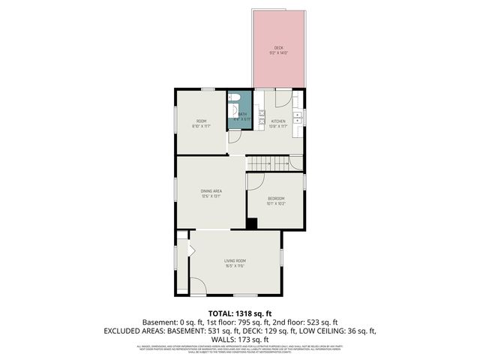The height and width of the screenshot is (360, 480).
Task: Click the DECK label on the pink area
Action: point(278,48)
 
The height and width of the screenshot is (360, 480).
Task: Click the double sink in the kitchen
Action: point(298,117)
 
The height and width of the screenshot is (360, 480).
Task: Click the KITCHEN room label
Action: point(278,121)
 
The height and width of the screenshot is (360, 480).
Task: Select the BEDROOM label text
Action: point(277,198)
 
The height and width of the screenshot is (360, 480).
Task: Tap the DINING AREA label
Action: point(211,191)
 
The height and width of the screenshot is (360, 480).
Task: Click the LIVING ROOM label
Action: point(235,260)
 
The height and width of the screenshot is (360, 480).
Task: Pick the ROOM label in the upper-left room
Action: point(201,121)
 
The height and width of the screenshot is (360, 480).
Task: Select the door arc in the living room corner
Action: point(196,285)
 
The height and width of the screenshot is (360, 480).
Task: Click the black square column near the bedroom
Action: point(252,223)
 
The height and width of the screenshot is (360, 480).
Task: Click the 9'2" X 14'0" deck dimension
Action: point(278,53)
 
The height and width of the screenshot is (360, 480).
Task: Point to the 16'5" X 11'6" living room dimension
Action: point(235,265)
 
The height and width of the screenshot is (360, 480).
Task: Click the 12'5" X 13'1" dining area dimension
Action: point(211,196)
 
